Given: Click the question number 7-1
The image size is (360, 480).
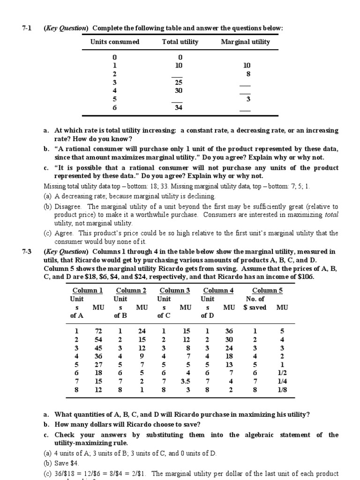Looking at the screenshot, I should pos(27,29).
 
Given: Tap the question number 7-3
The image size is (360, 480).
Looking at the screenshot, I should pos(27,251).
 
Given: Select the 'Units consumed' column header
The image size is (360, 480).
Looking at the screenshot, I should pos(115,42).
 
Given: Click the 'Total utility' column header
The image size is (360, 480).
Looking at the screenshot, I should pos(180,42).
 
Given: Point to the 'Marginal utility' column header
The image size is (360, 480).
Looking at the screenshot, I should pos(245,42).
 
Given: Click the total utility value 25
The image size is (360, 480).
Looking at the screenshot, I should pos(179,82).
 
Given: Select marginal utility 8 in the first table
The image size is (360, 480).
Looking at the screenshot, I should pos(248,74).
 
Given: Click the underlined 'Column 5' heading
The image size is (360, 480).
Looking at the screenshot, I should pos(267,291).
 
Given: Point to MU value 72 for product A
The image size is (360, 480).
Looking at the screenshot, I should pos(98,331).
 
